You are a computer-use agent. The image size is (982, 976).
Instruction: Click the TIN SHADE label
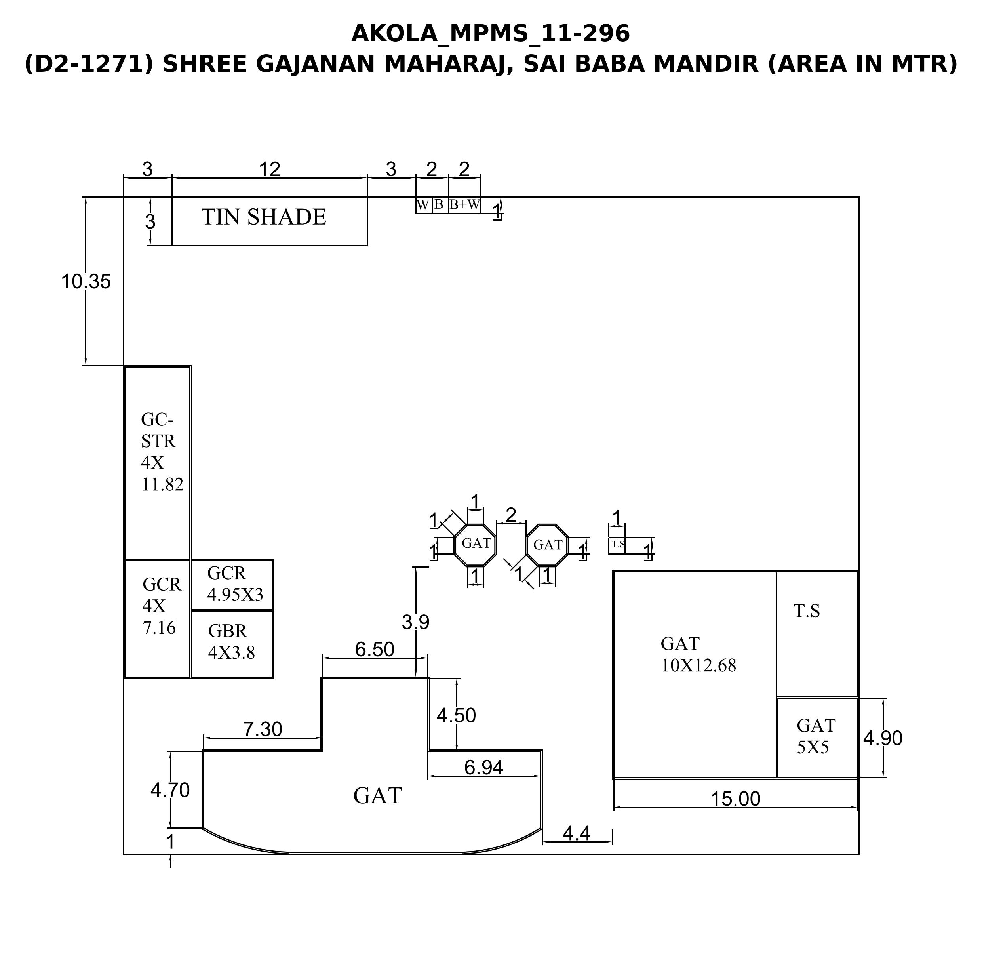coord(264,217)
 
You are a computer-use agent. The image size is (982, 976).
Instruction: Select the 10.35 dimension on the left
coord(86,282)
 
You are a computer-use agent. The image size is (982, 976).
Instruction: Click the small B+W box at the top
coord(464,205)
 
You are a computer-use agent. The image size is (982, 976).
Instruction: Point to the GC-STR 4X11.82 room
coord(158,463)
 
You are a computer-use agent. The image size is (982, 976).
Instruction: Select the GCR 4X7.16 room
coord(158,619)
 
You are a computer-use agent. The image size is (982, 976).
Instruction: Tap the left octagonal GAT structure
coord(475,544)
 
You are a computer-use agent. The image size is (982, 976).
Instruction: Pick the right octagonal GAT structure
coord(547,545)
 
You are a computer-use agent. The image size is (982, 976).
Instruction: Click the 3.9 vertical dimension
coord(416,622)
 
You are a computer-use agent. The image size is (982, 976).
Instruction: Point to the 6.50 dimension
coord(375,650)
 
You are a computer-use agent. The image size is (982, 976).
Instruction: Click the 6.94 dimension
coord(484,768)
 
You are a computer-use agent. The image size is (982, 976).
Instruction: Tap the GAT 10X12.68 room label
coord(698,654)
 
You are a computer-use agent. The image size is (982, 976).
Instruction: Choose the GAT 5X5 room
coord(818,738)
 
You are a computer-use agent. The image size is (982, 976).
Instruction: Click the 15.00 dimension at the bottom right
coord(735,799)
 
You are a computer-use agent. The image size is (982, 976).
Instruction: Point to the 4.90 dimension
coord(883,738)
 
